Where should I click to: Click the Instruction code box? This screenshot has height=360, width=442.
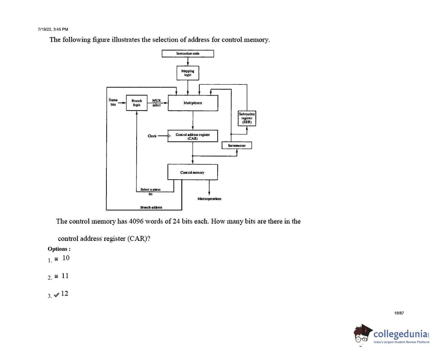[x=188, y=54]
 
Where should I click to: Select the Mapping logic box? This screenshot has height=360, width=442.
[x=188, y=73]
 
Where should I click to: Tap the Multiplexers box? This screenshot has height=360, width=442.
[x=193, y=103]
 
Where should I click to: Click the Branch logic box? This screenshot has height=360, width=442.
[x=137, y=103]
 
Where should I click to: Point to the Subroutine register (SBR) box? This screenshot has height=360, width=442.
[x=247, y=118]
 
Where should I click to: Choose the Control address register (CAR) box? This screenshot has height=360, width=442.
[x=193, y=136]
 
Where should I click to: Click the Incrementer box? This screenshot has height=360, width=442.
[x=237, y=146]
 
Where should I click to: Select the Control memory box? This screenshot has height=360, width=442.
[x=192, y=172]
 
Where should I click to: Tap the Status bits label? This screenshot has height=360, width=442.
[x=113, y=102]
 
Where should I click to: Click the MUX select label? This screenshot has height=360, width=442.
[x=156, y=103]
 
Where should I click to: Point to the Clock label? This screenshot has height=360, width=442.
[x=152, y=136]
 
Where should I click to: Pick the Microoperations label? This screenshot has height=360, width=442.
[x=209, y=199]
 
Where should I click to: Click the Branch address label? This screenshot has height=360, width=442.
[x=151, y=208]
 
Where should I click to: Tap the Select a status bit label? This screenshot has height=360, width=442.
[x=150, y=191]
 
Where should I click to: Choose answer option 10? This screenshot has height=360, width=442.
[x=66, y=258]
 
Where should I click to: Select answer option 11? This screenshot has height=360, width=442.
[x=65, y=276]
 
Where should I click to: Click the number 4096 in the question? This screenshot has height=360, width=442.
[x=136, y=221]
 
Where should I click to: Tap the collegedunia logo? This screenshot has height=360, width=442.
[x=391, y=334]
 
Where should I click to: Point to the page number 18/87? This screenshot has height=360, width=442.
[x=399, y=313]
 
